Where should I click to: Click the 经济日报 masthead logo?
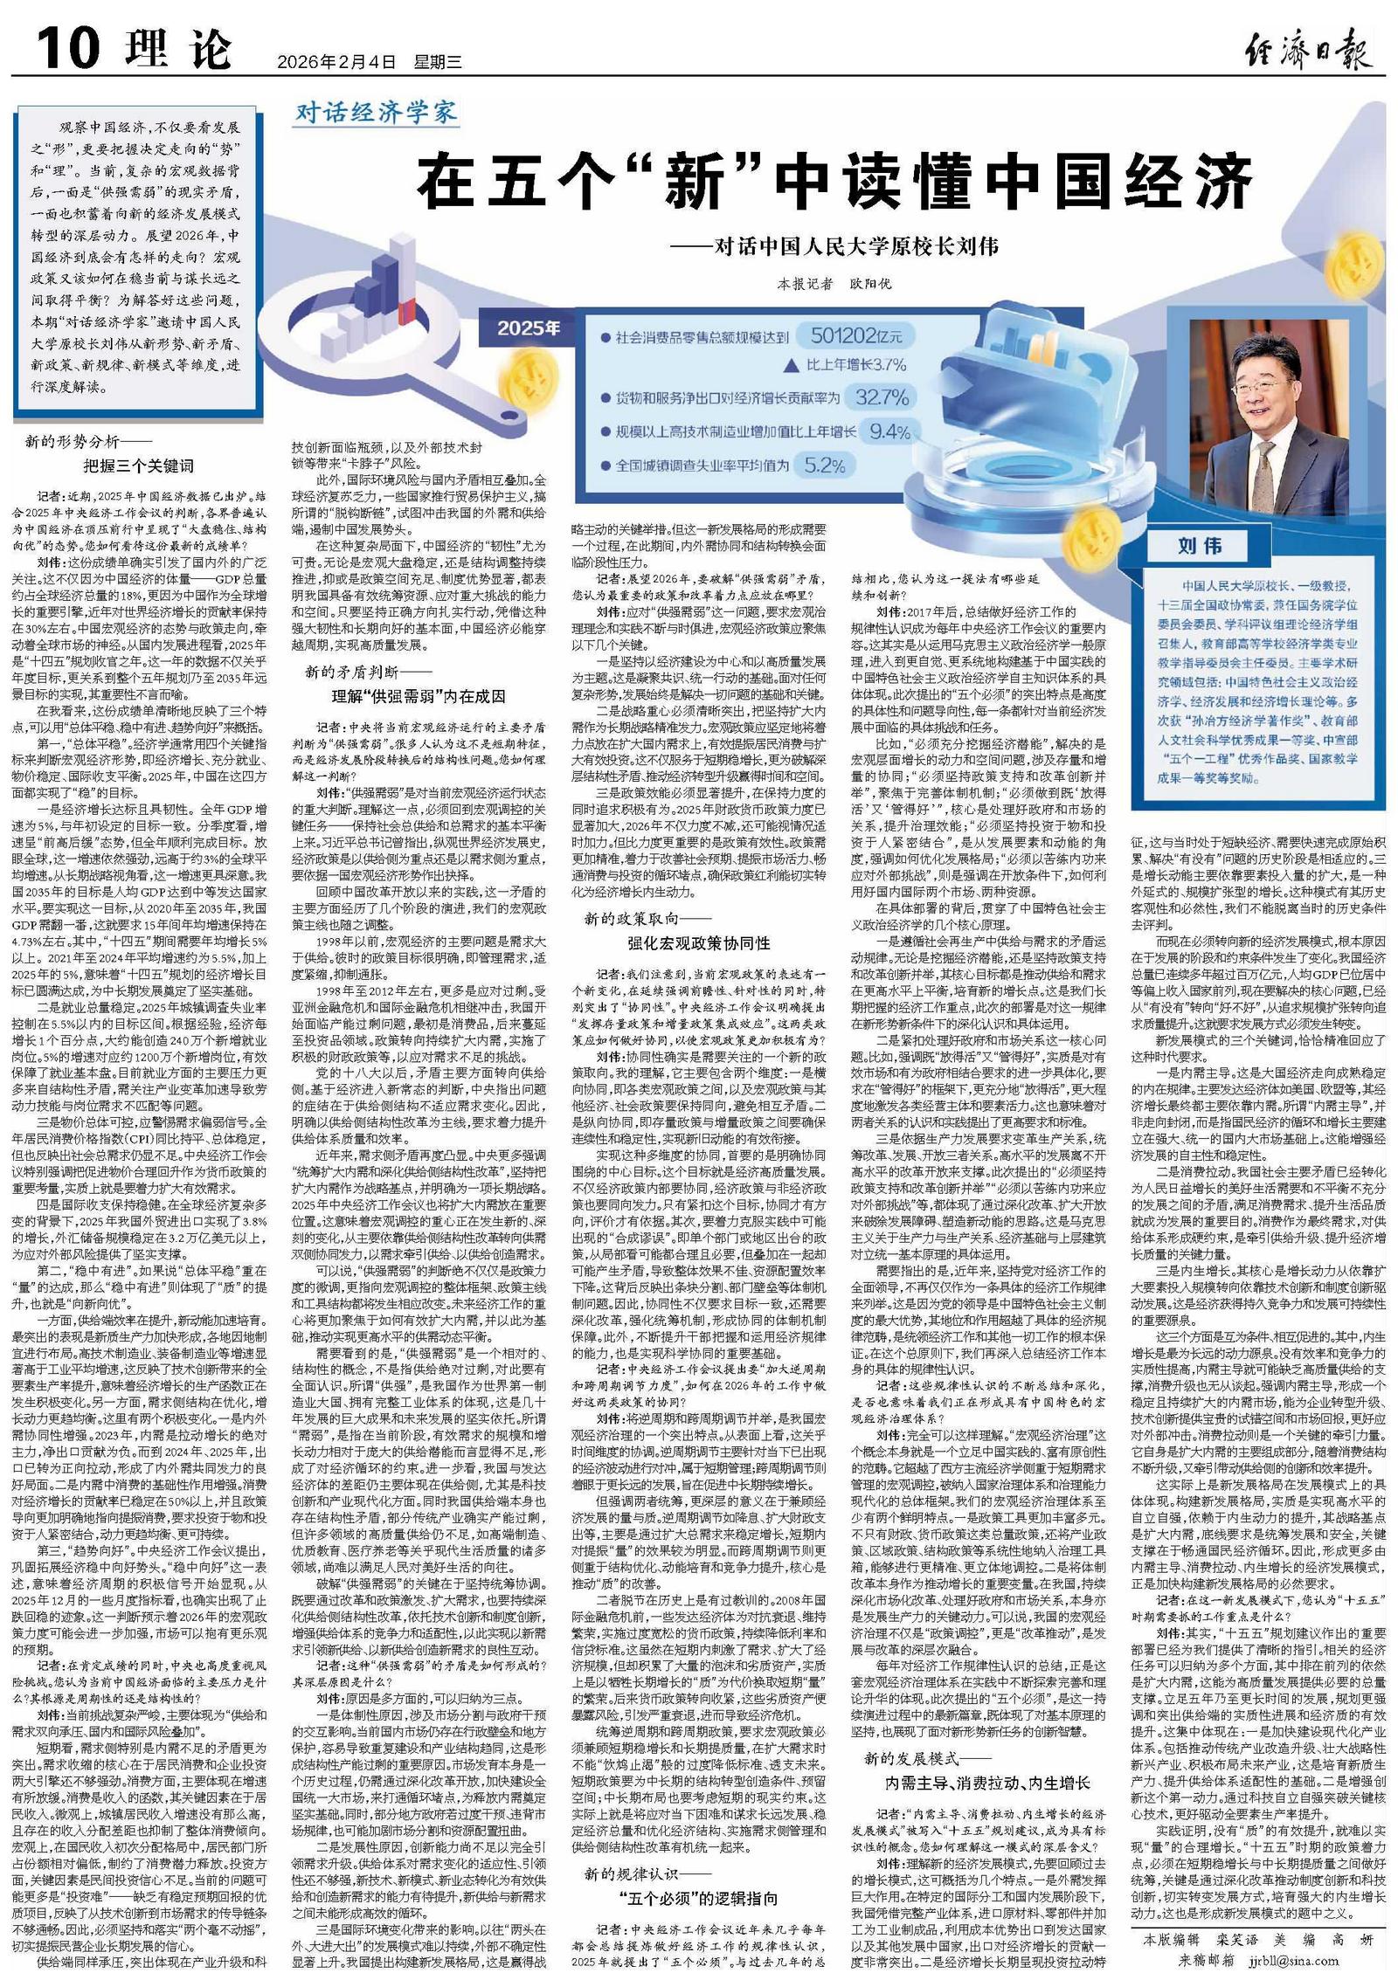pyautogui.click(x=1307, y=49)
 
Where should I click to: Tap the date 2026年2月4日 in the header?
pyautogui.click(x=336, y=62)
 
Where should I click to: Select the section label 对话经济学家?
pyautogui.click(x=376, y=112)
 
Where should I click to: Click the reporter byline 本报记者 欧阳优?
pyautogui.click(x=834, y=284)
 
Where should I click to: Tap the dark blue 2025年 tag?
pyautogui.click(x=529, y=328)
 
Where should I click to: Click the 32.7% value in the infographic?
pyautogui.click(x=882, y=397)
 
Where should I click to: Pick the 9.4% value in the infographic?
pyautogui.click(x=890, y=431)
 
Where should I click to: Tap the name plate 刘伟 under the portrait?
pyautogui.click(x=1199, y=546)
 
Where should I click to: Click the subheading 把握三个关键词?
pyautogui.click(x=139, y=466)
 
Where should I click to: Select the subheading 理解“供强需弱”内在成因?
pyautogui.click(x=418, y=696)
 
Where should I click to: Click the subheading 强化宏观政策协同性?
pyautogui.click(x=698, y=942)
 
